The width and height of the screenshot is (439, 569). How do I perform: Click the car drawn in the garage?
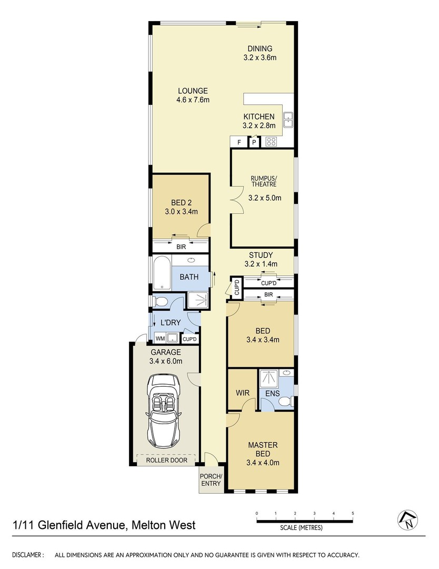coord(163,412)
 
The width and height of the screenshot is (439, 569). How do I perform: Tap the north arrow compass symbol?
coord(408,519)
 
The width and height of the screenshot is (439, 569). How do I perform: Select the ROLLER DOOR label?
coord(167,460)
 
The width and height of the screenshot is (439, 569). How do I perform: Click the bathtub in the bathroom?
coord(162,273)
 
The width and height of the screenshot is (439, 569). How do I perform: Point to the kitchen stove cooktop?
coord(271,142)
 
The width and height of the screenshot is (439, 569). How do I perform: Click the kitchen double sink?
coord(288,120)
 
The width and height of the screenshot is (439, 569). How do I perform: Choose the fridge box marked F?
coord(240,142)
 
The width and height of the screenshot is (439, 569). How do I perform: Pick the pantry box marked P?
coord(254,142)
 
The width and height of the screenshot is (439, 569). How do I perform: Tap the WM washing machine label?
coord(160,339)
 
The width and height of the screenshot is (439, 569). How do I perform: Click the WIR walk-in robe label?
coord(243,393)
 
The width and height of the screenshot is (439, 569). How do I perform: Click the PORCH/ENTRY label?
coord(211,480)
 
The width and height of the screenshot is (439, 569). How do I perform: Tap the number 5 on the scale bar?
coord(353,514)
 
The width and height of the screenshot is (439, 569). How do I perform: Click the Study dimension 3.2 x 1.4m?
coord(261,264)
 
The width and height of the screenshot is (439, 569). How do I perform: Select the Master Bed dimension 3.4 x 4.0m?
coord(263,463)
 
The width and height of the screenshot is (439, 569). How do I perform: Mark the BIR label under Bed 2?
coord(181,247)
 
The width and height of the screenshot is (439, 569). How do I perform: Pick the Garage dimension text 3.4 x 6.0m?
coord(166,361)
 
